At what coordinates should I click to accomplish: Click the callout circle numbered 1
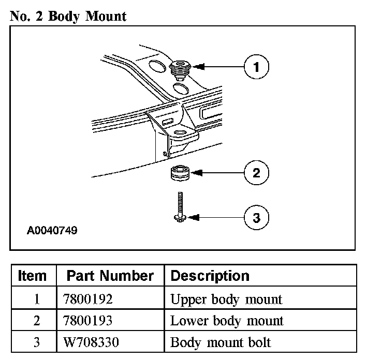[x=256, y=67]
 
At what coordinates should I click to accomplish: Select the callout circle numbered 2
[x=256, y=172]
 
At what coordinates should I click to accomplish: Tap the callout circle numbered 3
[x=256, y=218]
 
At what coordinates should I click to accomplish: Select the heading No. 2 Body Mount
[x=68, y=16]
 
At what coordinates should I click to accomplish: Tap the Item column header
[x=32, y=276]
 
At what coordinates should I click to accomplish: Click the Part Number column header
[x=111, y=276]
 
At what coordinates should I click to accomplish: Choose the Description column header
[x=210, y=276]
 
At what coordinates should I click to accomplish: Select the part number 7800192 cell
[x=89, y=299]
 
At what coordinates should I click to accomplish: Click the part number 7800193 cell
[x=89, y=321]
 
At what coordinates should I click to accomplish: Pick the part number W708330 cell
[x=90, y=342]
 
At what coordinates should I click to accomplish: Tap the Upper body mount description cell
[x=226, y=299]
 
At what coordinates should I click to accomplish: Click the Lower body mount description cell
[x=227, y=321]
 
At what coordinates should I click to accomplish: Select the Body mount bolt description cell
[x=221, y=342]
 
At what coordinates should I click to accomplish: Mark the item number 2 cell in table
[x=37, y=321]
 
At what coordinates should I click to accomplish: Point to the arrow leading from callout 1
[x=220, y=67]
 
